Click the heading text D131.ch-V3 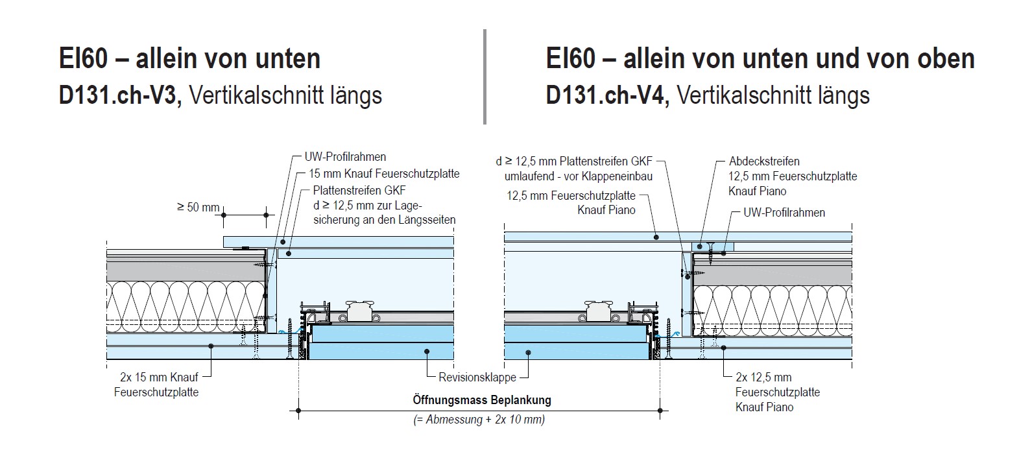(117, 95)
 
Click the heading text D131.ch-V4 (606, 95)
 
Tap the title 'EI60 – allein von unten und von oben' (760, 58)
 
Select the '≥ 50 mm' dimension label (198, 208)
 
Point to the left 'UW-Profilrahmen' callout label (345, 157)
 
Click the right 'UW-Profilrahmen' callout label (784, 212)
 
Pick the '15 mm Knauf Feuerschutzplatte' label (384, 173)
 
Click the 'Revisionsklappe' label (477, 377)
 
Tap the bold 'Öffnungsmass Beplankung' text (482, 400)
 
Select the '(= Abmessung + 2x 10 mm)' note (479, 419)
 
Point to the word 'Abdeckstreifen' (764, 161)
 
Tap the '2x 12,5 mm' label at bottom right (763, 377)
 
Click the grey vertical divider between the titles (485, 76)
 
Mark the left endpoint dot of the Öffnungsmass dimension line (298, 410)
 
